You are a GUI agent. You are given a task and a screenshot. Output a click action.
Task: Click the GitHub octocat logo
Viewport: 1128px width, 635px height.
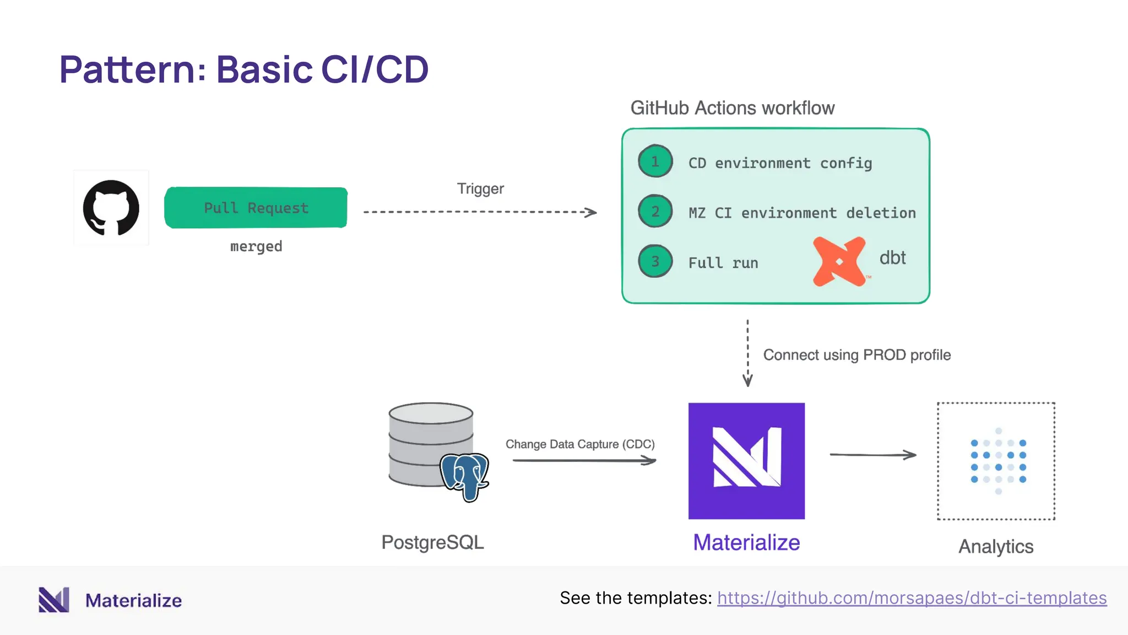(x=111, y=208)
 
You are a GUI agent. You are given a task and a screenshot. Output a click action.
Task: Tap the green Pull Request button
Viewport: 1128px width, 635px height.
(x=256, y=208)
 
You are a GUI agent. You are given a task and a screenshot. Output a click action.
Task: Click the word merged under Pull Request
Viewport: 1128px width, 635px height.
(x=256, y=246)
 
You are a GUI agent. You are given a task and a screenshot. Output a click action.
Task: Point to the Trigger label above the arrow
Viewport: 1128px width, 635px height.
(x=480, y=189)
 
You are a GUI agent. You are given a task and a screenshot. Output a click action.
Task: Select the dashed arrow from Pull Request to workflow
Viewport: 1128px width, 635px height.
(x=479, y=212)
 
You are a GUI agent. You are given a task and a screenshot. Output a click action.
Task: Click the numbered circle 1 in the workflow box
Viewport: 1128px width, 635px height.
(x=655, y=162)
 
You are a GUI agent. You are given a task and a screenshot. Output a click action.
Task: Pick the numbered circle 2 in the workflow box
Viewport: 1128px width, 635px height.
(x=655, y=211)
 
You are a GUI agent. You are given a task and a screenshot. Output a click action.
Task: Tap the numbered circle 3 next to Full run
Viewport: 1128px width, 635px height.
(x=655, y=261)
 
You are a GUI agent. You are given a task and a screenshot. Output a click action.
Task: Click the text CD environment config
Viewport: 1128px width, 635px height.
(x=780, y=163)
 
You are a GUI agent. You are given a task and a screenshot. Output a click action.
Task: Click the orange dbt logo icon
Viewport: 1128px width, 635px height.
(x=839, y=261)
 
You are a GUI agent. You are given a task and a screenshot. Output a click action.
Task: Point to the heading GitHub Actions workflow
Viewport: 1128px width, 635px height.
(x=732, y=108)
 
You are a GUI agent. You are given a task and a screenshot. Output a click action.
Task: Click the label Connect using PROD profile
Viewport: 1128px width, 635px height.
(x=856, y=355)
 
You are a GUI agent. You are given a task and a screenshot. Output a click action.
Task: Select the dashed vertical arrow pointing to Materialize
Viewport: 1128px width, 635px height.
(x=747, y=353)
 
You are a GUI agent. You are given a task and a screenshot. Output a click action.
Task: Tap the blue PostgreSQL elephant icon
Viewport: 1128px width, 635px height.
(x=464, y=476)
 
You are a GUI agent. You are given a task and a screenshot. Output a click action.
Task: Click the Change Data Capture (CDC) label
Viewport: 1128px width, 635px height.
(x=580, y=444)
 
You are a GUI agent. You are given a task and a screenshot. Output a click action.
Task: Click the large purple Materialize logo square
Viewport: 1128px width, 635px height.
(x=746, y=461)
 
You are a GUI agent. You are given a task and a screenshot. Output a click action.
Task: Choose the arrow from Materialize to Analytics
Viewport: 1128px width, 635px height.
(x=873, y=455)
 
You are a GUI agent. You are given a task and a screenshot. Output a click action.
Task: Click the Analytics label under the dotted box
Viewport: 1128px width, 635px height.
(x=996, y=547)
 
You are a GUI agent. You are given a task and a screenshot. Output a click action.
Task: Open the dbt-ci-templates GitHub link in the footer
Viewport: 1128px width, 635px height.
(x=912, y=598)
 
